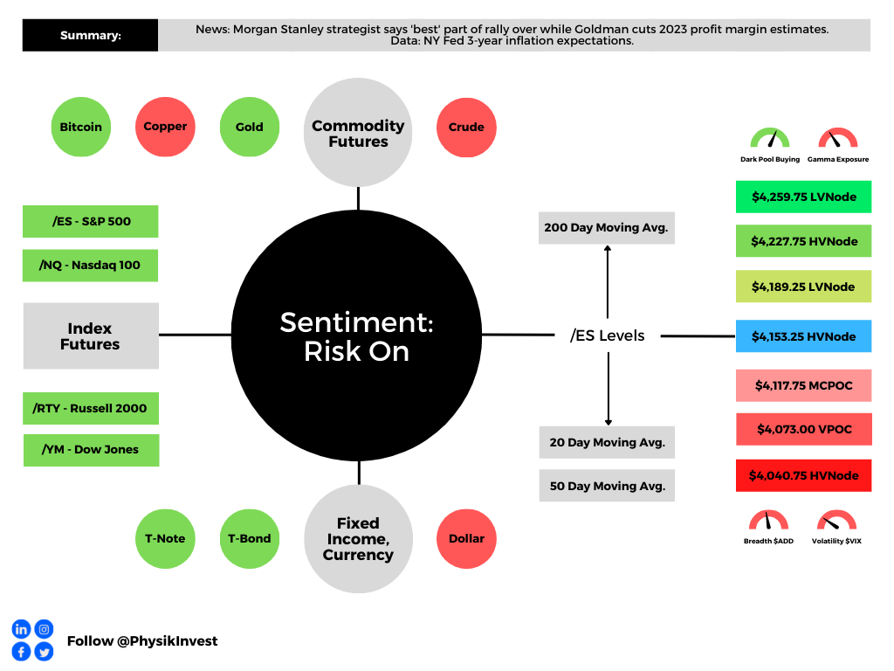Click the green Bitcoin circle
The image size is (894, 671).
(80, 127)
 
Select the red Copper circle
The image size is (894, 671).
(165, 127)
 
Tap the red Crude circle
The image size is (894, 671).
(466, 127)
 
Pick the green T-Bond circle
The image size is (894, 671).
(250, 538)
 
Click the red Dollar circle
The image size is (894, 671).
(466, 538)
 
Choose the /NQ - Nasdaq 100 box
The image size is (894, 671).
(90, 265)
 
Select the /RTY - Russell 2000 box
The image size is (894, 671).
(91, 408)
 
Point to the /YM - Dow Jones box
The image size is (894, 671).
(91, 450)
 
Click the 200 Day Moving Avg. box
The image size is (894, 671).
(607, 227)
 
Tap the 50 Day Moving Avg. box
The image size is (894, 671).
(607, 486)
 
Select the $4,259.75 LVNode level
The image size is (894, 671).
(803, 197)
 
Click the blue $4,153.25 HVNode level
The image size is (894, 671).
(803, 336)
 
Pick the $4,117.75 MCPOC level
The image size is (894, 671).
(803, 385)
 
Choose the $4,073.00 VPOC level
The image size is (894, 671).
(803, 429)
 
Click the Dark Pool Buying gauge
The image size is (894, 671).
(769, 140)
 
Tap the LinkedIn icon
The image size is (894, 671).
(21, 629)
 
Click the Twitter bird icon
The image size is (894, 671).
(44, 652)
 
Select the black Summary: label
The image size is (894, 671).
(91, 36)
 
